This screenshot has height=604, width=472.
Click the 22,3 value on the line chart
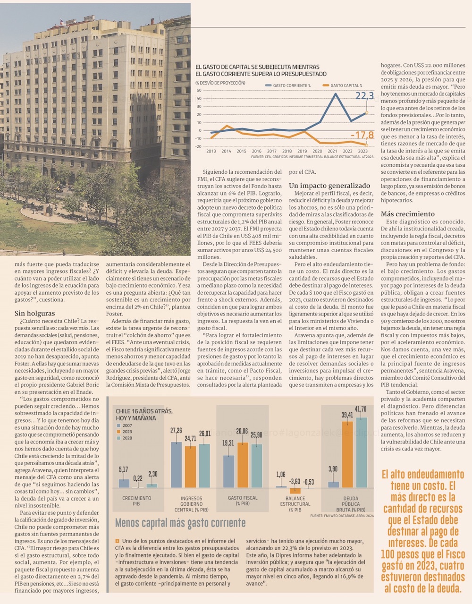364,96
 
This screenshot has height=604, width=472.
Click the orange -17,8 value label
362,136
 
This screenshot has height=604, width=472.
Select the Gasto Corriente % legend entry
292,85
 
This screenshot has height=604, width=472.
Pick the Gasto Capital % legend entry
346,85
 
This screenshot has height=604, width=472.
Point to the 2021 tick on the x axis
332,151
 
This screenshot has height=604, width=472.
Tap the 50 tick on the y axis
199,90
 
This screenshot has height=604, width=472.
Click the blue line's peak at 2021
336,94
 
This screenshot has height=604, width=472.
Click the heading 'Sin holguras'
34,313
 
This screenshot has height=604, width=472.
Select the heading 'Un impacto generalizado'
329,186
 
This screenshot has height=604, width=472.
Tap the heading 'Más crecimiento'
407,214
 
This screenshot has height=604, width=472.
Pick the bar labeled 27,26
176,465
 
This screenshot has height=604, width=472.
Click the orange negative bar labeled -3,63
295,490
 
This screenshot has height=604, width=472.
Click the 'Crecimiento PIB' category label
137,501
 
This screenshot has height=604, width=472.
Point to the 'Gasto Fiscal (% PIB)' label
243,501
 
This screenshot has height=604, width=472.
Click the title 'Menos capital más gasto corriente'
180,523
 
